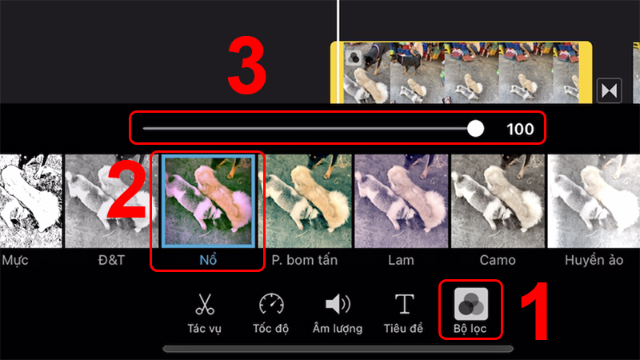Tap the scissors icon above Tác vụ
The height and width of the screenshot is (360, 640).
[x=205, y=304]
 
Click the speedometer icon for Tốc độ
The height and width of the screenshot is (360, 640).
[x=271, y=304]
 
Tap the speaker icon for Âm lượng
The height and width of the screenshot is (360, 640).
[x=337, y=304]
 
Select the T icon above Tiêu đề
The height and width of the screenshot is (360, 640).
[x=406, y=304]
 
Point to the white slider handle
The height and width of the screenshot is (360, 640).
[x=475, y=128]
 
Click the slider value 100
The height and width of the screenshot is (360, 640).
[x=520, y=129]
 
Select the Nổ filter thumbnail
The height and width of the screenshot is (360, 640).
[x=208, y=201]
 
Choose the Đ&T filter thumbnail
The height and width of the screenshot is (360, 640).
[x=108, y=201]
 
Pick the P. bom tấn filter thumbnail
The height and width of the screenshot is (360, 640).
[x=305, y=201]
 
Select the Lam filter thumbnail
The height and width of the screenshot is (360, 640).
[x=401, y=201]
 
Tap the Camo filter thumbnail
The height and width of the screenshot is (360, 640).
[x=497, y=201]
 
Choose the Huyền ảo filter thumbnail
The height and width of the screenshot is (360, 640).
[x=593, y=201]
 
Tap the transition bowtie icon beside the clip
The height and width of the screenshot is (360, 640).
[x=610, y=91]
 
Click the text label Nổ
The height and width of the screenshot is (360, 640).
[x=208, y=261]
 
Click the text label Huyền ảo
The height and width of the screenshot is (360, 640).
[x=593, y=261]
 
